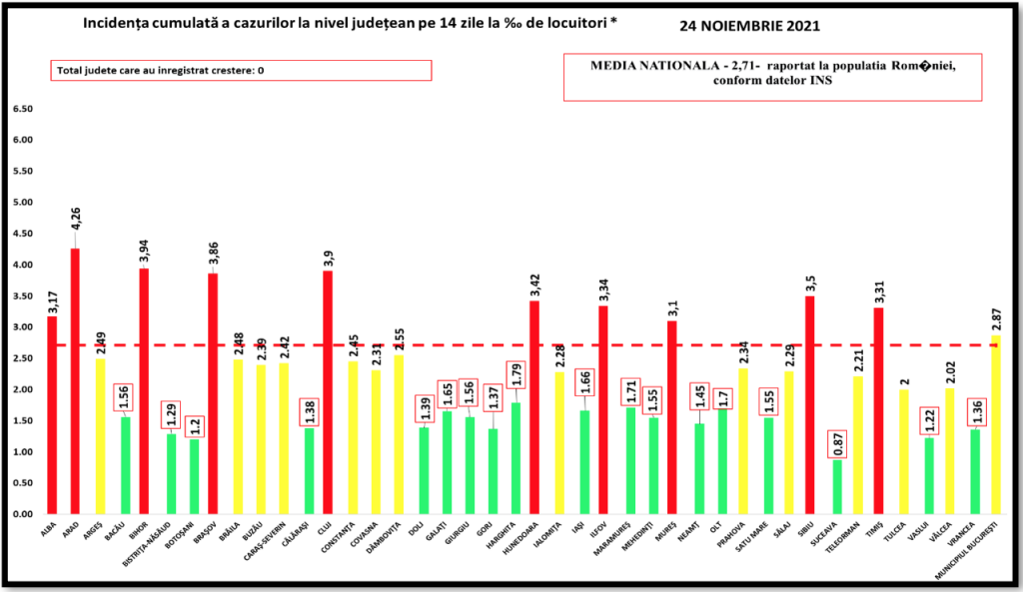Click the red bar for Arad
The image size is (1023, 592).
(75, 380)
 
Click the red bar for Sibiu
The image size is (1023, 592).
(809, 404)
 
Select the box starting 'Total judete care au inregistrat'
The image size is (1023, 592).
(241, 70)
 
